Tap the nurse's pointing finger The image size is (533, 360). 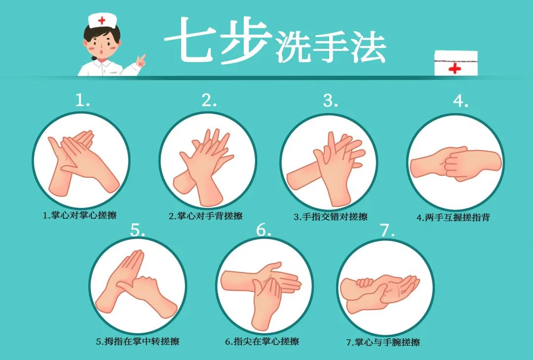pyautogui.click(x=142, y=58)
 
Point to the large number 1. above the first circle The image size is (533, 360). pyautogui.click(x=82, y=100)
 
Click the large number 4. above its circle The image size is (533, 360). pyautogui.click(x=460, y=100)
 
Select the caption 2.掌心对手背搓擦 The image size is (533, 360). pyautogui.click(x=206, y=216)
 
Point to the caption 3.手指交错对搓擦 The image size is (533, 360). pyautogui.click(x=331, y=216)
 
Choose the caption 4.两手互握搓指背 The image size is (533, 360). pyautogui.click(x=453, y=217)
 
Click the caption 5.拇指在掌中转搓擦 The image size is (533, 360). pyautogui.click(x=138, y=341)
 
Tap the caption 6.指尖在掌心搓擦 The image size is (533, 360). pyautogui.click(x=262, y=341)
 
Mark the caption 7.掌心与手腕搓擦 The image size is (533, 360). pyautogui.click(x=383, y=342)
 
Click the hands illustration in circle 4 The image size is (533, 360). pyautogui.click(x=455, y=162)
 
